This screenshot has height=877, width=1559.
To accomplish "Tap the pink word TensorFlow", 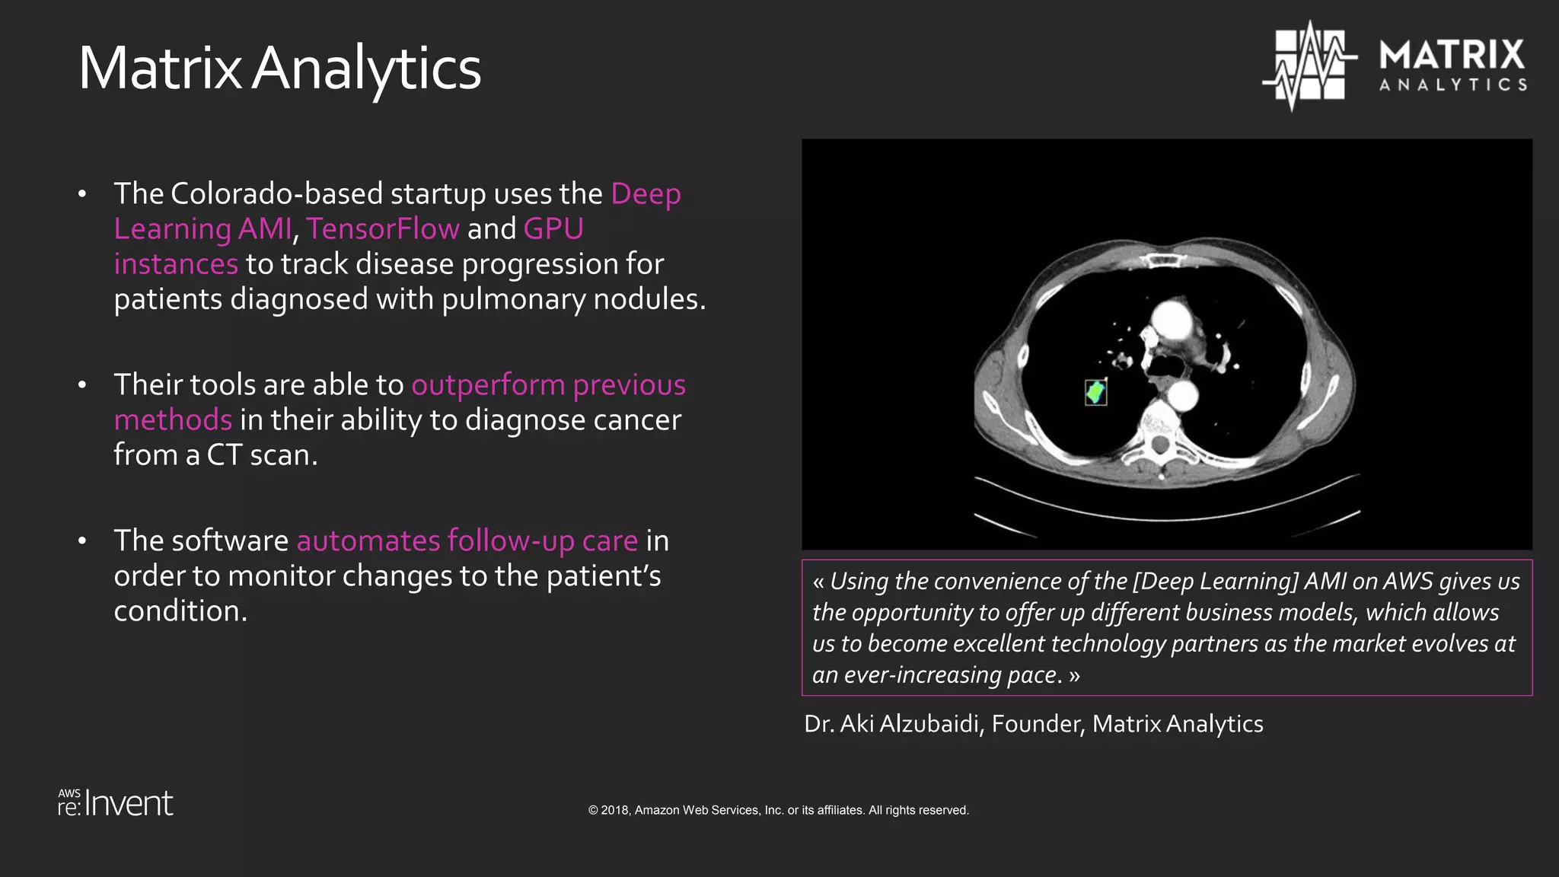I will tap(383, 228).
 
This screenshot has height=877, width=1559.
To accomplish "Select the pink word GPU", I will tap(553, 228).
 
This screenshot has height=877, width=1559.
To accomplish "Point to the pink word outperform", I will tap(487, 385).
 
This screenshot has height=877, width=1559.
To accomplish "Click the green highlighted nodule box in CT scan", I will tap(1095, 392).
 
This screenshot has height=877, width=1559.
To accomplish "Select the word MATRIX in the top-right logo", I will tap(1452, 56).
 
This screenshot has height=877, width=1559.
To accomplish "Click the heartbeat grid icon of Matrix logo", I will tap(1309, 65).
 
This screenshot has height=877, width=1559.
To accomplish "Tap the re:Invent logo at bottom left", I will tap(116, 803).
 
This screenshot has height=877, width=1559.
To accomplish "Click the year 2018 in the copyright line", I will tap(614, 810).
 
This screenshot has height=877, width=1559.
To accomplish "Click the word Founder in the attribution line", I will tap(1037, 723).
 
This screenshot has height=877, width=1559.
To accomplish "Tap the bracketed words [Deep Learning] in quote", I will tap(1216, 581).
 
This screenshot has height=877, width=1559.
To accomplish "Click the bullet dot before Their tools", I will tap(82, 385).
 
